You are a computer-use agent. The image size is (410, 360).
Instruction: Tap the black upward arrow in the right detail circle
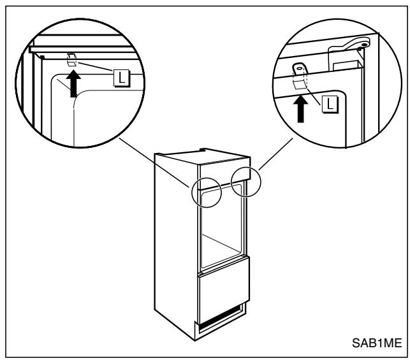point(298,108)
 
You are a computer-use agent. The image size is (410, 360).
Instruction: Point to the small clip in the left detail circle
point(73,60)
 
